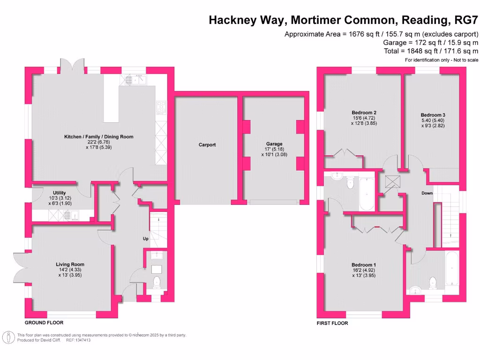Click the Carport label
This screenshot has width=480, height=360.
(x=207, y=145)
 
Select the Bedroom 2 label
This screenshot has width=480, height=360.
(x=364, y=112)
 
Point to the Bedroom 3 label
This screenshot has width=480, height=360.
(x=433, y=115)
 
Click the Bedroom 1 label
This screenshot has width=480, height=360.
(x=364, y=265)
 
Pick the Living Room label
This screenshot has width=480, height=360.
(x=70, y=264)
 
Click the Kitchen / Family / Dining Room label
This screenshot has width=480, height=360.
(x=98, y=137)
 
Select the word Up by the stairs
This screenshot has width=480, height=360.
(x=146, y=239)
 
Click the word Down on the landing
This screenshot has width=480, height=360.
(x=427, y=193)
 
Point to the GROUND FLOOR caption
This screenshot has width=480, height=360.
(x=44, y=323)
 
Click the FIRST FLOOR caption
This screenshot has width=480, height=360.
(x=332, y=323)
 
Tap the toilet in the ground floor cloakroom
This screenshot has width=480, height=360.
(x=157, y=282)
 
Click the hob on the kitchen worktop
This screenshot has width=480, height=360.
(x=161, y=107)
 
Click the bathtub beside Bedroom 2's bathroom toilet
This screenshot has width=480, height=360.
(x=366, y=194)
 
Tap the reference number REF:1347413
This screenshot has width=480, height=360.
(x=78, y=340)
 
